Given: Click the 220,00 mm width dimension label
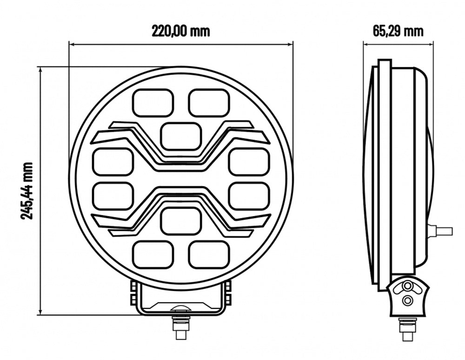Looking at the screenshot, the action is pos(180,31).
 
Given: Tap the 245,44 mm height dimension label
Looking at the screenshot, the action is pos(27,191).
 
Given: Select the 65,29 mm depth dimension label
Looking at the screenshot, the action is pos(398,31).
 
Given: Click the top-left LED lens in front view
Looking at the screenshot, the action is pos(153,103).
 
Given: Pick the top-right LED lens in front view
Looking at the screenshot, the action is pos(209,103).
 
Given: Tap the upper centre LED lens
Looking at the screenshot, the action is pos(181,136).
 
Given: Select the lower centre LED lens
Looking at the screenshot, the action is pos(181,221).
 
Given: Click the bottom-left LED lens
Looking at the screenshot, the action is pos(153,255).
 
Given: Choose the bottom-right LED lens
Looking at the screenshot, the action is pos(209,255).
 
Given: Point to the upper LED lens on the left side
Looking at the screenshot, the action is pos(113,162).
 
